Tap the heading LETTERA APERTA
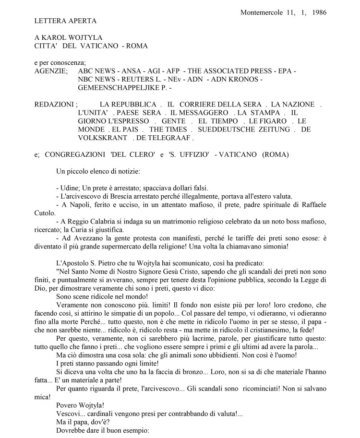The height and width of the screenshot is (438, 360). pyautogui.click(x=66, y=21)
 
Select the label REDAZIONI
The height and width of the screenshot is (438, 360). pyautogui.click(x=54, y=105)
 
